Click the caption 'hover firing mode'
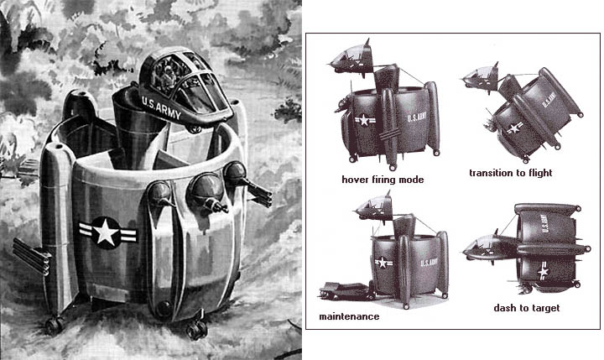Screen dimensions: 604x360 click(383, 180)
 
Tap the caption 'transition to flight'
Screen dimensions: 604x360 click(510, 173)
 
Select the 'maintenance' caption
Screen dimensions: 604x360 click(349, 316)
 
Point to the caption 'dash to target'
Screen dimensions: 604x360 click(527, 308)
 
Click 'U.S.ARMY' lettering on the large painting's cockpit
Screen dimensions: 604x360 click(161, 108)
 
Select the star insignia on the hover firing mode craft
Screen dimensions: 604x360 click(364, 121)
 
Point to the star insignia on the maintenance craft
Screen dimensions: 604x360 click(383, 263)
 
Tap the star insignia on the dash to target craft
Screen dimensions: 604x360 click(544, 271)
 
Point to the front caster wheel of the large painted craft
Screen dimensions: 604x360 click(197, 329)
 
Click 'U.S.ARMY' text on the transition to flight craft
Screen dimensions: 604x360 click(548, 100)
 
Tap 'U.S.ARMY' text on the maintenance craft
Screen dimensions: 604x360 click(429, 263)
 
